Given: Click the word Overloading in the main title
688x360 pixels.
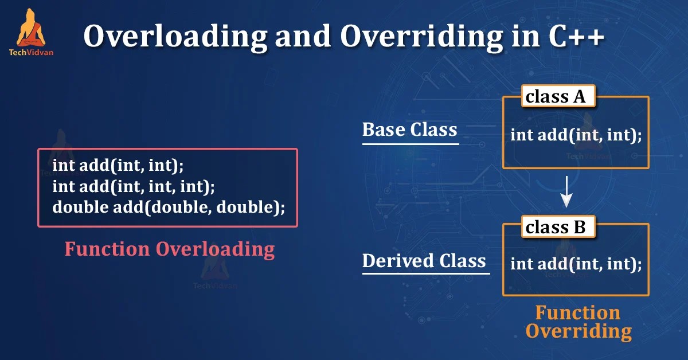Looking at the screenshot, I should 173,37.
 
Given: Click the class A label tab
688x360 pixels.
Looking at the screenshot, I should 556,97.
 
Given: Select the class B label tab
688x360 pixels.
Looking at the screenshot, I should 556,228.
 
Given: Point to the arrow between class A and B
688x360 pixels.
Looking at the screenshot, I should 566,192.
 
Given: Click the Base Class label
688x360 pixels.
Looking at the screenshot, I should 409,130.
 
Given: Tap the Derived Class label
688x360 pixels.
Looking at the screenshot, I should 424,261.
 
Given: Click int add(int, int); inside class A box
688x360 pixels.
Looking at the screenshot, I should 576,135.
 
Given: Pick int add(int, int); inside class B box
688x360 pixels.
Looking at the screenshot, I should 576,264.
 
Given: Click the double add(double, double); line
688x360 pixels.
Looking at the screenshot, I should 169,206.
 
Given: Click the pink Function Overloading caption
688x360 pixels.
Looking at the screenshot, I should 169,249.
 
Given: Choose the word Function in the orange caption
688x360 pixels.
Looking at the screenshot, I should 577,312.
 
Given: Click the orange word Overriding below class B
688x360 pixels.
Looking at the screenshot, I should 578,331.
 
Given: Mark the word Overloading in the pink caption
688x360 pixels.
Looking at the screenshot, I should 215,249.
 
